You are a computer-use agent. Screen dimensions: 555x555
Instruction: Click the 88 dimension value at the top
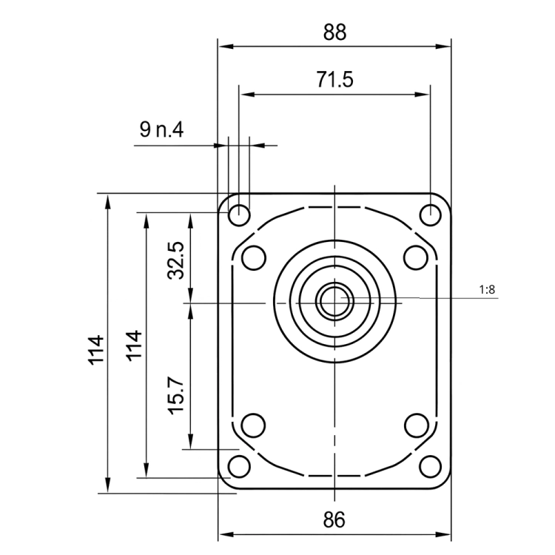(334, 32)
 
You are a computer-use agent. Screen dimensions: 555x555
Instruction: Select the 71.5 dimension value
(334, 81)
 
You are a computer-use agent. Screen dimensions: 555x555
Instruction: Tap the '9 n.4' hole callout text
(161, 131)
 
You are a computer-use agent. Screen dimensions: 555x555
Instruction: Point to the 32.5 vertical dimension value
(175, 260)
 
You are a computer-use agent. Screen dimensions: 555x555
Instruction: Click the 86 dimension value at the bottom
(334, 519)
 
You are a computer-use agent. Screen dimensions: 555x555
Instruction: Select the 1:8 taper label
(487, 290)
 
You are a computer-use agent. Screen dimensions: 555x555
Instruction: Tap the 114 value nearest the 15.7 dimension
(134, 346)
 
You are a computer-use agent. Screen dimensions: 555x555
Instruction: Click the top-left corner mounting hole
(239, 215)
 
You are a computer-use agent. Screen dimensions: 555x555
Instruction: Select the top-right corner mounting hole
(430, 215)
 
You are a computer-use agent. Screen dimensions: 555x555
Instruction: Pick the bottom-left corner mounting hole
(239, 468)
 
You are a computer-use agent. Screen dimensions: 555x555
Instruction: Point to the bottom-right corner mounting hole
(430, 468)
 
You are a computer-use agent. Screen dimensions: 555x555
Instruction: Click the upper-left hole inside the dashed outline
(254, 258)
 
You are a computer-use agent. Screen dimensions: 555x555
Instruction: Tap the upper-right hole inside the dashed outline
(416, 258)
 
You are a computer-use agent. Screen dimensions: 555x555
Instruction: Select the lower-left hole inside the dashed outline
(254, 425)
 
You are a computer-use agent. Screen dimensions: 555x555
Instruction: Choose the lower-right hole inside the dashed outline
(416, 425)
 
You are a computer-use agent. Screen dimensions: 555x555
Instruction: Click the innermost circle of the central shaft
(334, 300)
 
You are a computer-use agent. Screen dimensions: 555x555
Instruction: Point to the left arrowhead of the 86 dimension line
(224, 534)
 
